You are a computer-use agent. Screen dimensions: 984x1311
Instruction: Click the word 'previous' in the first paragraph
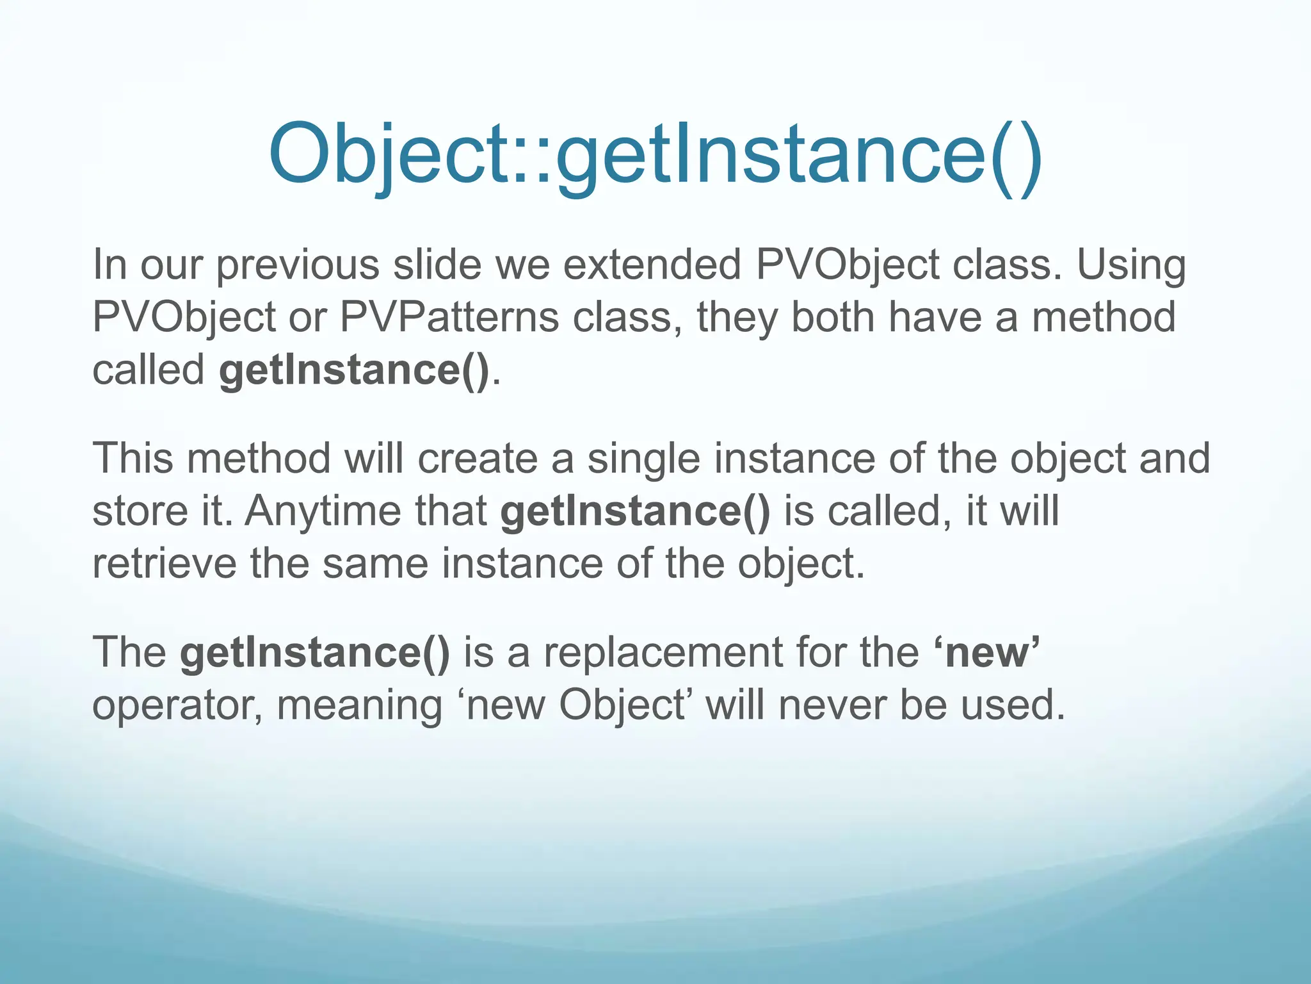click(298, 265)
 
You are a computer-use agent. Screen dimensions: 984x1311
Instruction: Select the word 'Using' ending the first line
click(1131, 265)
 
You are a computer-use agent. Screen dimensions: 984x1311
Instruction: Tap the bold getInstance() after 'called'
click(353, 370)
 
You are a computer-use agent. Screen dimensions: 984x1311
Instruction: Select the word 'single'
click(644, 459)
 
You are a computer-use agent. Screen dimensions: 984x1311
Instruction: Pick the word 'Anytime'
click(323, 511)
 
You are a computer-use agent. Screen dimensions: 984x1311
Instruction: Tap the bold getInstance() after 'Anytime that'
click(635, 511)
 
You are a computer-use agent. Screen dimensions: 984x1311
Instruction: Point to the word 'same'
click(374, 564)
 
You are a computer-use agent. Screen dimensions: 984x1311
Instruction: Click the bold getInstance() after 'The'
click(314, 652)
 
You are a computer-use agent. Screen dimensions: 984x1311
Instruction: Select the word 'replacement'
click(663, 652)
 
